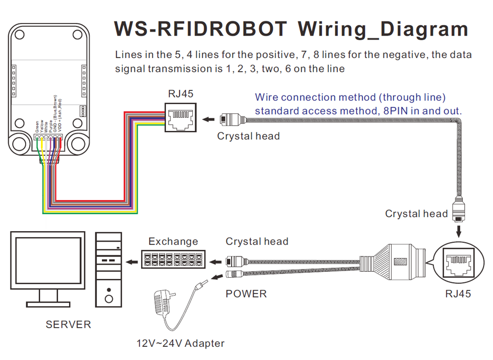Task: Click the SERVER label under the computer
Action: (x=68, y=324)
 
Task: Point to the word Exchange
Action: (x=173, y=242)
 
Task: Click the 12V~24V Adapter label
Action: (x=181, y=344)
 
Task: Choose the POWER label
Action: (x=246, y=294)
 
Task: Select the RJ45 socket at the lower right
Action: (x=458, y=262)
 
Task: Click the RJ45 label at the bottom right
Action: (x=458, y=294)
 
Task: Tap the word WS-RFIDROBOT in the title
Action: (x=199, y=29)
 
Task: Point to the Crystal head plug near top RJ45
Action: (x=233, y=119)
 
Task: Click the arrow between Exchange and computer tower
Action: (x=131, y=261)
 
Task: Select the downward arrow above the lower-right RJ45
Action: (x=458, y=230)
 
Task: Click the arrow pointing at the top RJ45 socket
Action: (x=209, y=119)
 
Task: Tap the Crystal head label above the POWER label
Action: (x=257, y=242)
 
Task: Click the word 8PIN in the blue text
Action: (x=405, y=111)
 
